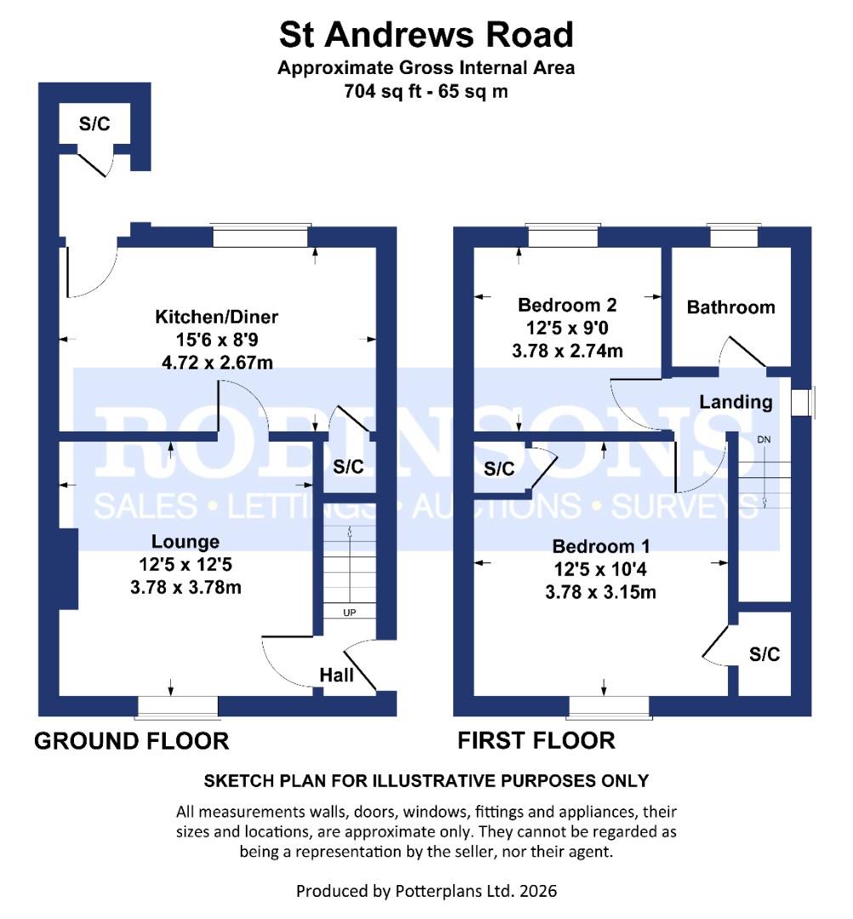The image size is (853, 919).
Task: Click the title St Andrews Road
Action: coord(426,36)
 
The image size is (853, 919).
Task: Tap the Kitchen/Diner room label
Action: coord(216,317)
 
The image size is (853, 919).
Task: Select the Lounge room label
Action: coord(185,541)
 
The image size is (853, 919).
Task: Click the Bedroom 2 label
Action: coord(567,305)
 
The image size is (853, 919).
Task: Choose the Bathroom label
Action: coord(731,307)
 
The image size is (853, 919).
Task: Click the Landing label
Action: coord(736,402)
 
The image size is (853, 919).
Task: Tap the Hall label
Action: coord(337,675)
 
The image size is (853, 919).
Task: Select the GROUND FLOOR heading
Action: coord(131,741)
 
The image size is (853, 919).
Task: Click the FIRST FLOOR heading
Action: coord(536,741)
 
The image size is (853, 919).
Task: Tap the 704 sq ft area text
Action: coord(426,91)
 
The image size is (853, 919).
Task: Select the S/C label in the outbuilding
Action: coord(94,124)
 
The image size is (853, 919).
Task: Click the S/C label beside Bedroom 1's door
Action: coord(764,654)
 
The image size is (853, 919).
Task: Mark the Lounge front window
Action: coord(178,706)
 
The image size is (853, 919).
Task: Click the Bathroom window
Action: coord(733,236)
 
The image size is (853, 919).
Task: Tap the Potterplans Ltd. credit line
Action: coord(426,891)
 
